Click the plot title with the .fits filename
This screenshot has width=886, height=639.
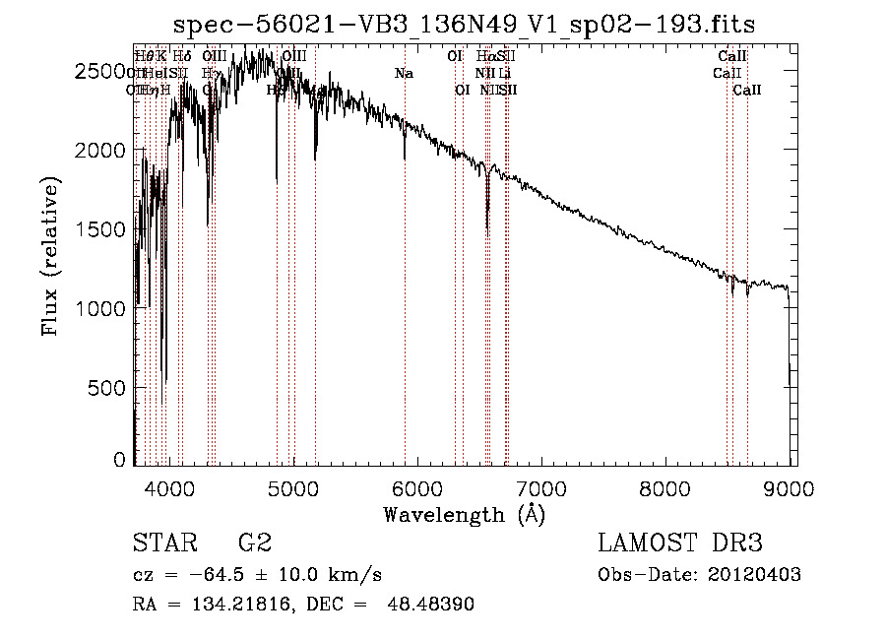(x=464, y=25)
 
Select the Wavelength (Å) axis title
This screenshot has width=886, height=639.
(x=464, y=513)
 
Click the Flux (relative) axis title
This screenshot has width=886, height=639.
(x=50, y=256)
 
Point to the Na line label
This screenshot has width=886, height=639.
(x=404, y=74)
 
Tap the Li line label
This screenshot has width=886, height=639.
(x=504, y=74)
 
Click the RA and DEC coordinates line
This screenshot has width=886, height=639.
(x=303, y=605)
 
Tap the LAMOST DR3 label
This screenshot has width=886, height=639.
(x=679, y=543)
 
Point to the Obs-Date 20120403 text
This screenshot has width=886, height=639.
(x=699, y=575)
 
